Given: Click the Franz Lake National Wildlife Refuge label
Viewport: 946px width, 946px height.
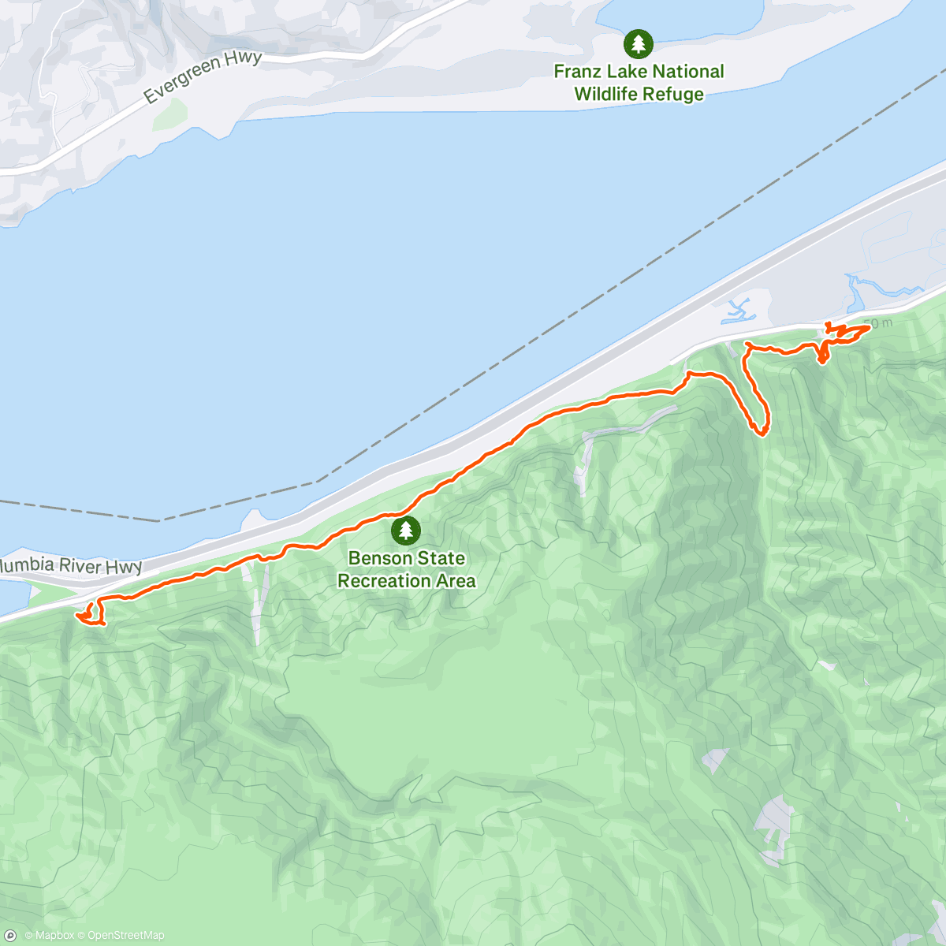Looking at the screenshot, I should (639, 83).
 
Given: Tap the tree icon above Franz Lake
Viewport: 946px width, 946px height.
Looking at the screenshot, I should (638, 43).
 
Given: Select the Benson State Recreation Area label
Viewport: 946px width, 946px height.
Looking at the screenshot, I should (407, 569).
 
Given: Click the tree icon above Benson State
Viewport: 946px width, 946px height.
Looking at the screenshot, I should (406, 531).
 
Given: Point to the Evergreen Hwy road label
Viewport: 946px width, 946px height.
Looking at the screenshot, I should (203, 78).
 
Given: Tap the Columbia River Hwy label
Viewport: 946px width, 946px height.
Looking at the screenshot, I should (71, 566).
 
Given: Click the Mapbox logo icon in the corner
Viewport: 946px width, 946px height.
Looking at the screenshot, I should (10, 936).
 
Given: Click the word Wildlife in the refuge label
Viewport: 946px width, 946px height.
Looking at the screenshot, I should (605, 95).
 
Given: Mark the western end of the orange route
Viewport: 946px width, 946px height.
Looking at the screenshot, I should (78, 615).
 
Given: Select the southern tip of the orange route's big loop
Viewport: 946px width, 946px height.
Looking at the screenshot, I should (762, 433).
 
